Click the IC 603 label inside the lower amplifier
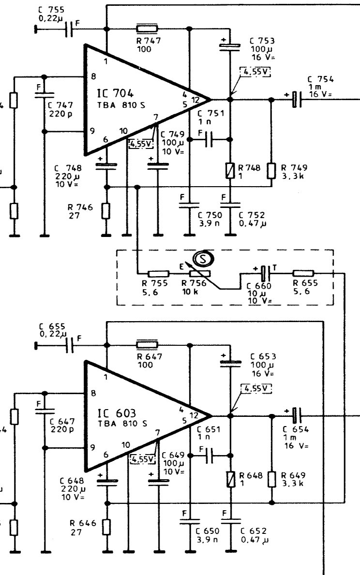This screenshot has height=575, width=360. pos(117,413)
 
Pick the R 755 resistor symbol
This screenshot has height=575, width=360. pos(158,274)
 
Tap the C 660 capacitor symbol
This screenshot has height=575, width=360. pos(264,273)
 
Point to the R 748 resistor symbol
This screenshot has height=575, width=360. pos(230,170)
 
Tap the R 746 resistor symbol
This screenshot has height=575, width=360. pos(105,210)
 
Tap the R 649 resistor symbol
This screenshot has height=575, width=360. pos(271,479)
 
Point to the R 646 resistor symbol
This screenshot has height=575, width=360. pos(105,527)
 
